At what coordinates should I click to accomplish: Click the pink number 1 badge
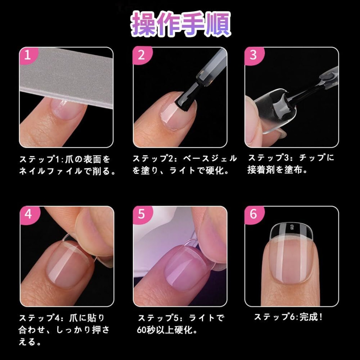click(x=28, y=55)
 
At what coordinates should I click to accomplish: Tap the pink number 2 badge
click(x=142, y=55)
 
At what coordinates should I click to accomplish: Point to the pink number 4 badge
click(x=29, y=215)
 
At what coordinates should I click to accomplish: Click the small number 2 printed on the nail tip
click(x=292, y=227)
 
